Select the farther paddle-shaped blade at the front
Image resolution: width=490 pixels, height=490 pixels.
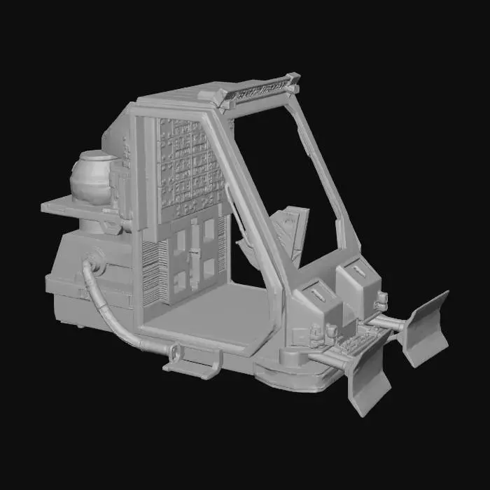[x=425, y=328]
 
